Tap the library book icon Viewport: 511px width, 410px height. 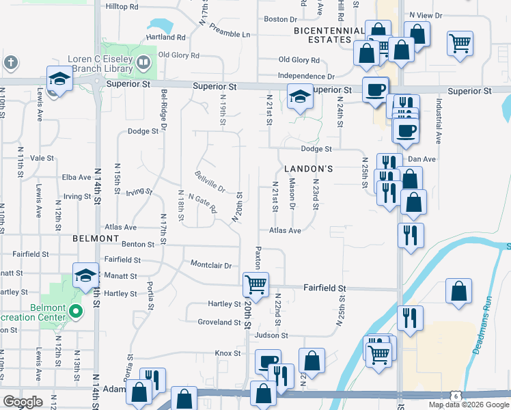coord(143,64)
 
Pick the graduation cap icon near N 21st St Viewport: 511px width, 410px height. coord(299,96)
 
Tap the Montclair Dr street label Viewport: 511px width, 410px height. coord(211,264)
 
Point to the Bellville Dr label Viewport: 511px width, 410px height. coord(210,182)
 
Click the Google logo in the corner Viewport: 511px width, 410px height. coord(23,402)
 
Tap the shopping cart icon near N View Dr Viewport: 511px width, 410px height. coord(460,43)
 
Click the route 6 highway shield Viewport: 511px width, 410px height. coord(455,396)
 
